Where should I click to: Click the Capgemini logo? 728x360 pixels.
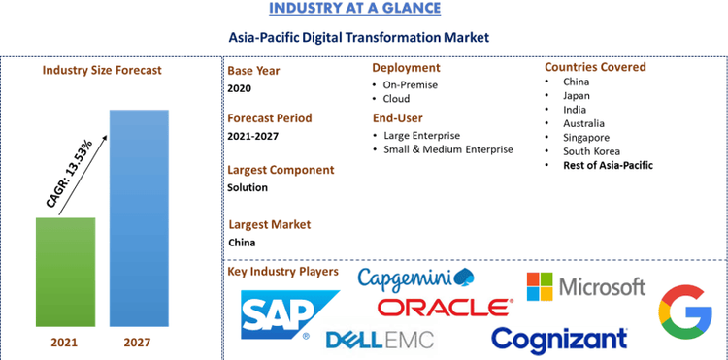click(415, 279)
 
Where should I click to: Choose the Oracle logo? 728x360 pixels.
click(446, 308)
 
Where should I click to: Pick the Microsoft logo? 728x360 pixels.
click(585, 286)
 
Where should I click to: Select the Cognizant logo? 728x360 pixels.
click(559, 339)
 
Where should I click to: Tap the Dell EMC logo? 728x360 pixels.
click(380, 340)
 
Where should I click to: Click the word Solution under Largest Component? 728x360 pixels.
click(248, 187)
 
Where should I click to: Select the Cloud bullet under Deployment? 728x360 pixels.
click(396, 99)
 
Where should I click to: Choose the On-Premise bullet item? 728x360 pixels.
click(410, 84)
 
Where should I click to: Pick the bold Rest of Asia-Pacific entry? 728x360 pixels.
click(608, 165)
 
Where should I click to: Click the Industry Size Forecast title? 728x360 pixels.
click(102, 70)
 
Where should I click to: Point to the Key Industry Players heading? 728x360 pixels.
click(282, 271)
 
